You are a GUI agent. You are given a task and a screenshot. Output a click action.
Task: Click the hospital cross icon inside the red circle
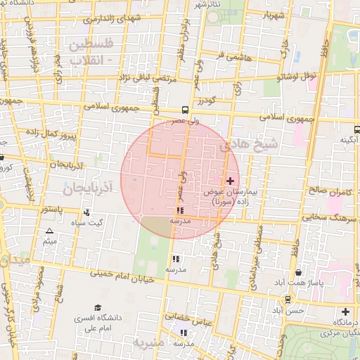click(230, 181)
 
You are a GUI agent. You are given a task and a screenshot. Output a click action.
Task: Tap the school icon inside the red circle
click(181, 210)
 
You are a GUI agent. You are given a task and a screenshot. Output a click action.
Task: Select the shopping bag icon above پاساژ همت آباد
click(299, 272)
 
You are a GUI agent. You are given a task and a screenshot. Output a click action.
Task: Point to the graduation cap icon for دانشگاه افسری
click(98, 307)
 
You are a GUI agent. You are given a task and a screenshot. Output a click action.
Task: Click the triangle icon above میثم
click(49, 231)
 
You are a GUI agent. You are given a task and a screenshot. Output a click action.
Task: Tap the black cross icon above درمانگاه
click(345, 311)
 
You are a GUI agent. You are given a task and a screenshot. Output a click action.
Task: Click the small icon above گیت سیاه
click(86, 212)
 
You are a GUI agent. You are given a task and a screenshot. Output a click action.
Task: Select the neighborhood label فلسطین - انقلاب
click(92, 53)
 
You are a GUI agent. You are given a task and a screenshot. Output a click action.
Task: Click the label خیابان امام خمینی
click(120, 274)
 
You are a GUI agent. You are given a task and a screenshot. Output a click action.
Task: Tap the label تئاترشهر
click(208, 4)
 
